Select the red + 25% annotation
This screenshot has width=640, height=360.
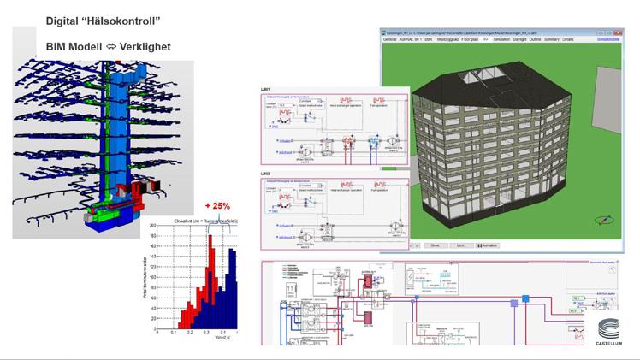(219, 205)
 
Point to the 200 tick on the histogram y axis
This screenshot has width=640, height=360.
(151, 226)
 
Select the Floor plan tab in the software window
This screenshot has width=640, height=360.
(472, 39)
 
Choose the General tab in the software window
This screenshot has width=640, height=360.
(390, 39)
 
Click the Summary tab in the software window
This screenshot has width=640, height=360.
(552, 39)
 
